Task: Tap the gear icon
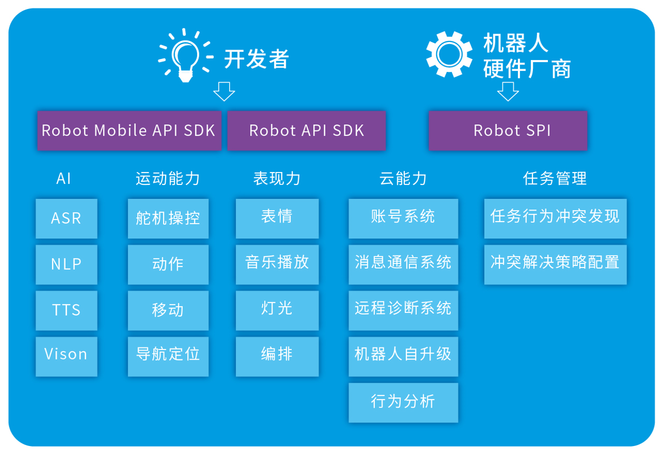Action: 449,54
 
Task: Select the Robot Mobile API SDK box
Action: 129,130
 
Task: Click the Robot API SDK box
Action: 307,130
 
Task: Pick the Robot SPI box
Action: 508,130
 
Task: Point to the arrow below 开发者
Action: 224,91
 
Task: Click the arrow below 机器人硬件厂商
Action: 508,91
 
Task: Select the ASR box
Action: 67,218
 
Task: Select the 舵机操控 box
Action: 168,218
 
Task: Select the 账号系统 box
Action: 403,218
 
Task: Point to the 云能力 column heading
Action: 403,178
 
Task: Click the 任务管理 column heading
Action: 555,178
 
